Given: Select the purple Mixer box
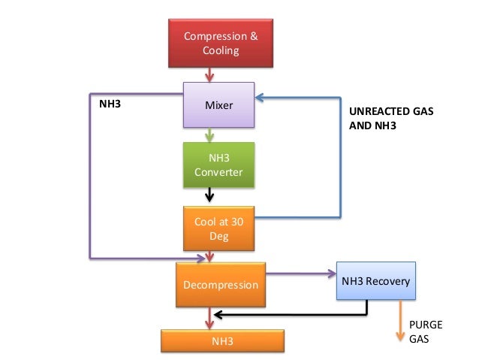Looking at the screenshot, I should [x=220, y=104].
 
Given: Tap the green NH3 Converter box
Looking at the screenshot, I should [x=220, y=165].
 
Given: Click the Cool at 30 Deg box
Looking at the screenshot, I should [x=220, y=228].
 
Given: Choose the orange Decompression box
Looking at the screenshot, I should [x=220, y=285].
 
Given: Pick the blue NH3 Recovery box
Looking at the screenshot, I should [x=375, y=281].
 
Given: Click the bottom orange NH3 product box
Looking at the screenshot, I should [x=222, y=341].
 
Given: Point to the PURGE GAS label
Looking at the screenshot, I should [x=425, y=331].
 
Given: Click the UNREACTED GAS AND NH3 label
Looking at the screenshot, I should [x=391, y=118].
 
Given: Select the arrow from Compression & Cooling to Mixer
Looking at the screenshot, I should [x=211, y=74].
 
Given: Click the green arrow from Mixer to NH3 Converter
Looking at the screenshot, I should [x=211, y=135].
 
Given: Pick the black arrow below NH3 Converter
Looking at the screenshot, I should [x=211, y=196].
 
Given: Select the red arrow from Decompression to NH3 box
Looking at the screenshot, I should [x=211, y=319].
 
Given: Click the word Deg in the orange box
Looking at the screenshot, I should [x=218, y=237].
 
